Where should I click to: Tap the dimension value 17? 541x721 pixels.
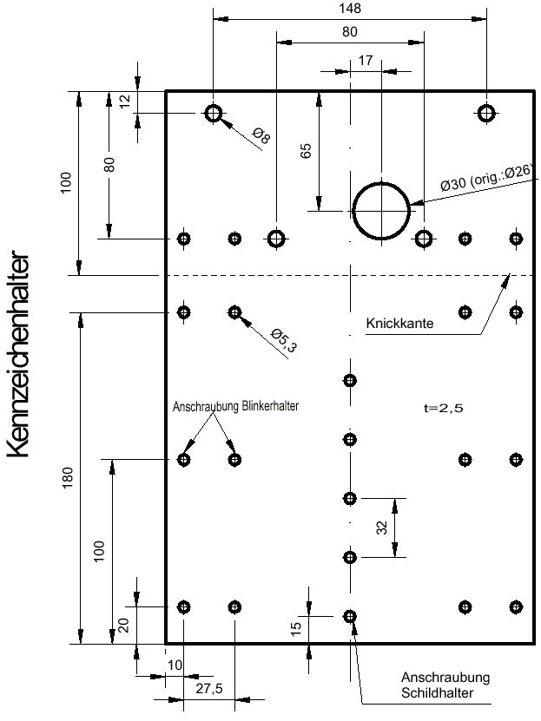click(x=365, y=62)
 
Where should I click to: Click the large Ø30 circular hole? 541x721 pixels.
click(x=381, y=211)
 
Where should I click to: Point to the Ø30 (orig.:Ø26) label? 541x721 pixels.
click(x=485, y=184)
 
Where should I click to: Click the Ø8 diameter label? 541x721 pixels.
click(x=261, y=135)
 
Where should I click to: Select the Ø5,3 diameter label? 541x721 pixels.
click(x=283, y=341)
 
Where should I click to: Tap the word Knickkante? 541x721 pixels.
click(x=399, y=324)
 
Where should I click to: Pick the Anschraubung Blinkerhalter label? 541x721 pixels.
click(x=235, y=405)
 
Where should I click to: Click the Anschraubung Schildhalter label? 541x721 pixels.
click(x=445, y=685)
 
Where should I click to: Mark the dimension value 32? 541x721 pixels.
click(x=383, y=528)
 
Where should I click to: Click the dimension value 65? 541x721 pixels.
click(x=306, y=150)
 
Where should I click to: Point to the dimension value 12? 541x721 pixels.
click(x=124, y=102)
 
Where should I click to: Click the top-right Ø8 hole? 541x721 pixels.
click(x=485, y=114)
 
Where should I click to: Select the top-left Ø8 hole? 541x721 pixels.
click(x=214, y=114)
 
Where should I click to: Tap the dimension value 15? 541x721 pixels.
click(x=296, y=626)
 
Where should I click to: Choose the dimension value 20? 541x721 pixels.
click(x=122, y=626)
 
